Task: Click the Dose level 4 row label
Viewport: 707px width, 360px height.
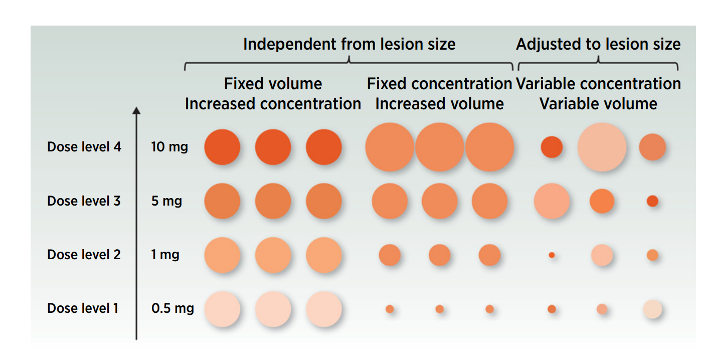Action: [84, 147]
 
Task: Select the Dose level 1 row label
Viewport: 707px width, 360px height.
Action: [83, 308]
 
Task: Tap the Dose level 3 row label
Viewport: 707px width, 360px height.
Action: [84, 201]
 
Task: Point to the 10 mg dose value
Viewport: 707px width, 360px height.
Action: [169, 147]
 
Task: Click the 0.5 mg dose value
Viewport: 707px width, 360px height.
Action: [172, 308]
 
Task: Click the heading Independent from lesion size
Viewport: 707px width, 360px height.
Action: [349, 44]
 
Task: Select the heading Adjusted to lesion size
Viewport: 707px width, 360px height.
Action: [598, 44]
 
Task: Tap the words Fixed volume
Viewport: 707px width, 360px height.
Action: [273, 84]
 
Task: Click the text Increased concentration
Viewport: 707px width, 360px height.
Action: [273, 104]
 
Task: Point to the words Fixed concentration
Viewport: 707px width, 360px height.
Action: [439, 84]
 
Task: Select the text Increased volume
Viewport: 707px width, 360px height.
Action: [439, 104]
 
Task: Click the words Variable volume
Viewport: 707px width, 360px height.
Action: [598, 104]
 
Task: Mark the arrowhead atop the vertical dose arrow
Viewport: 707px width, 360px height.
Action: [136, 110]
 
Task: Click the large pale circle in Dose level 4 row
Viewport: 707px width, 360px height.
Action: [602, 147]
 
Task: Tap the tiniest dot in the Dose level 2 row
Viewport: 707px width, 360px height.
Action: [552, 255]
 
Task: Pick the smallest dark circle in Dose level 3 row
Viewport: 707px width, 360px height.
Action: [652, 201]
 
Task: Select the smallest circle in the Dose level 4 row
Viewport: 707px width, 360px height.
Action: [552, 147]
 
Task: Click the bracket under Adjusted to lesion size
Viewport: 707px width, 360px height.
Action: [598, 63]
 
